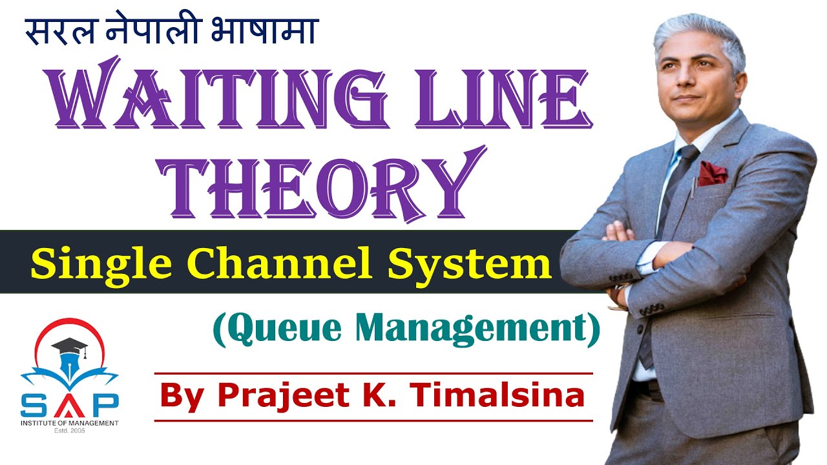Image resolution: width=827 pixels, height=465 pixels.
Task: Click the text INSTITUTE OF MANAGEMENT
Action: tap(69, 422)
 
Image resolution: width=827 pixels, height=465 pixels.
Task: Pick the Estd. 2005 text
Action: tap(69, 430)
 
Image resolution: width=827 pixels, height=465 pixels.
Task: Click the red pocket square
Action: tap(713, 172)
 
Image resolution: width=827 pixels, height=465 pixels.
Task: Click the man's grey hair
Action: tap(698, 32)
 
